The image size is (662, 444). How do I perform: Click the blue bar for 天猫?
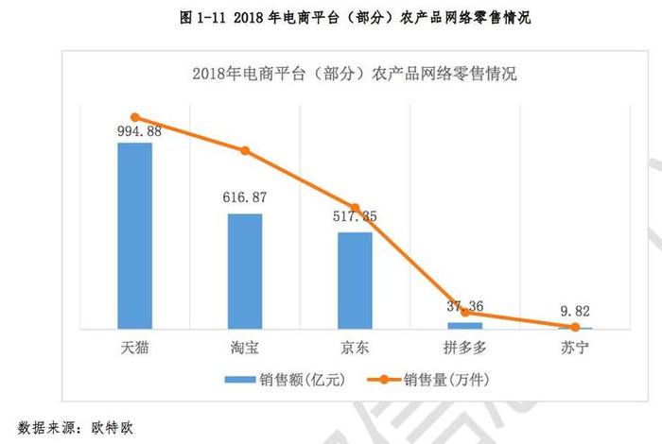[x=134, y=235]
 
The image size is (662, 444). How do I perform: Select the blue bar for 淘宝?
[x=245, y=270]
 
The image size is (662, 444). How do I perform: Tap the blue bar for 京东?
[x=356, y=280]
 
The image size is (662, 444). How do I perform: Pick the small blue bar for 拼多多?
[x=465, y=325]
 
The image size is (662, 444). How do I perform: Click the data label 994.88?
[x=134, y=131]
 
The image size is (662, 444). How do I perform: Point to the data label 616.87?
[x=245, y=201]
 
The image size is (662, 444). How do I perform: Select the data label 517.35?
[x=356, y=218]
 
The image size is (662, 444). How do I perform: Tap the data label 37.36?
[x=465, y=306]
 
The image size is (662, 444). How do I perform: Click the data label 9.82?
[x=576, y=312]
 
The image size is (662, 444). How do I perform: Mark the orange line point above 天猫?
[x=134, y=117]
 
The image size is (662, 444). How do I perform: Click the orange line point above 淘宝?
[x=245, y=151]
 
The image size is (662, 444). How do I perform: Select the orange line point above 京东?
[x=356, y=208]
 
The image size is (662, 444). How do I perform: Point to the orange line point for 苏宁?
[x=576, y=327]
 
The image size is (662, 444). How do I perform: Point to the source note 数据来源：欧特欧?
[x=76, y=426]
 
